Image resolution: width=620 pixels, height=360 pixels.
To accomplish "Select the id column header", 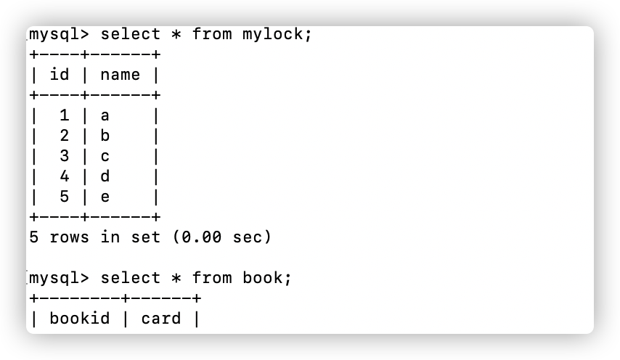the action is point(60,75).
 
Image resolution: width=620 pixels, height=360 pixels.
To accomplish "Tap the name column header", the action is point(121,75).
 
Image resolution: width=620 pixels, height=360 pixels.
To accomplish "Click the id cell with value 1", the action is point(65,115).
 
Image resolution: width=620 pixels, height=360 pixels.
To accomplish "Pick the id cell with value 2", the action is point(65,136).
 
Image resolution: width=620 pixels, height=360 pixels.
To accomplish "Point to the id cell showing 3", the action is point(65,156).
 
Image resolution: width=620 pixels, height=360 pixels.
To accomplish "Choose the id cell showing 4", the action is point(65,176).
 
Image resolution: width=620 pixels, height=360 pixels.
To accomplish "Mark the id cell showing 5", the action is point(65,197).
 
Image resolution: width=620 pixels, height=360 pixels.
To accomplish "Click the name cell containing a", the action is point(105,115).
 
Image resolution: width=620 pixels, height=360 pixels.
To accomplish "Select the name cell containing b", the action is point(105,136).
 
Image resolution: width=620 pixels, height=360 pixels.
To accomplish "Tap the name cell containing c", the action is point(105,156).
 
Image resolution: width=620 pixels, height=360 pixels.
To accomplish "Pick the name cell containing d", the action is point(105,176).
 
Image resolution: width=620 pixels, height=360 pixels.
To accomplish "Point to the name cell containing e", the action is point(105,197).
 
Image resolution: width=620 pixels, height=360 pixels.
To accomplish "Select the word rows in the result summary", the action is point(70,237).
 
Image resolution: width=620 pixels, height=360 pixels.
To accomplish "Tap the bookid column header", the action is point(80,319).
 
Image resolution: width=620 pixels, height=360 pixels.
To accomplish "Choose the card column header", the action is point(161,319).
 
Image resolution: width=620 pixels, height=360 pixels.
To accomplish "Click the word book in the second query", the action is point(264,278).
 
